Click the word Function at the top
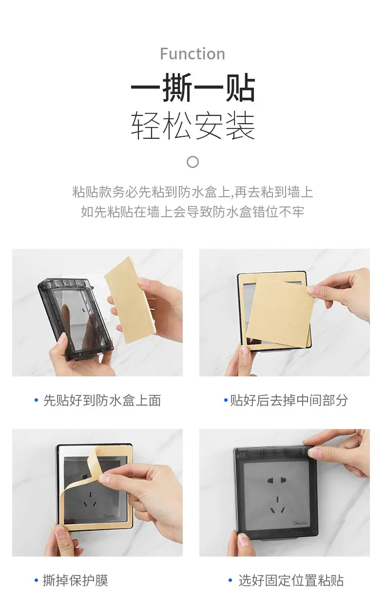[x=192, y=54]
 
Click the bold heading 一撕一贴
[x=193, y=87]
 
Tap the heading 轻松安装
[x=193, y=126]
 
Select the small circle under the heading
[x=193, y=162]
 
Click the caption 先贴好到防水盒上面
[x=102, y=400]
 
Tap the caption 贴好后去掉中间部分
[x=289, y=400]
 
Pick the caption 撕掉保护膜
[x=76, y=580]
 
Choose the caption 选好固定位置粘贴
[x=291, y=580]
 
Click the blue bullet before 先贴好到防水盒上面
[x=37, y=400]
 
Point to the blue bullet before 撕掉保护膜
[x=37, y=580]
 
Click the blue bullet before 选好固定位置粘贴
[x=231, y=580]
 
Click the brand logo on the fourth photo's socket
[x=300, y=523]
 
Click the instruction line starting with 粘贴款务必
[x=192, y=192]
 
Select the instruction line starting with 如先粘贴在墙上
[x=192, y=212]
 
